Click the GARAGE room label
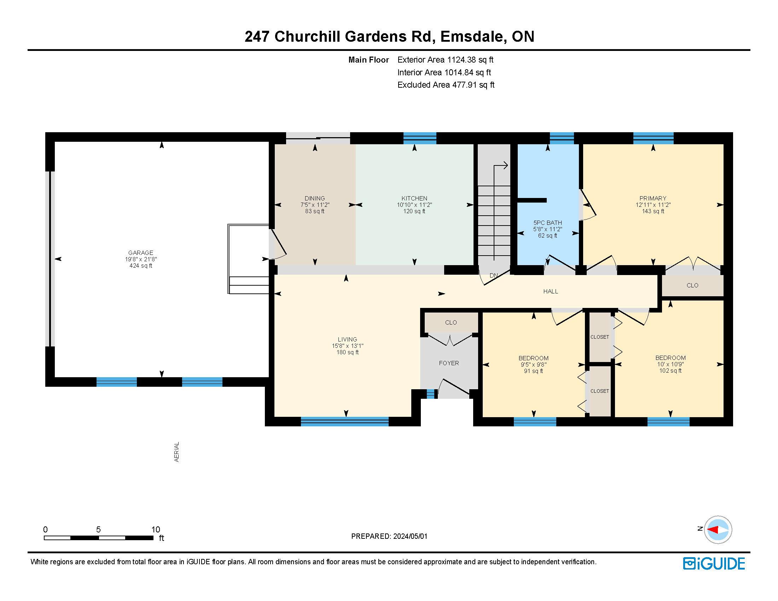141,253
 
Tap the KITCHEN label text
414,198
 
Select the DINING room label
314,198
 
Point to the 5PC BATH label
547,223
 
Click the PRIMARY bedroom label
652,198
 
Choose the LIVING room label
347,340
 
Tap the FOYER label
449,363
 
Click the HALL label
550,291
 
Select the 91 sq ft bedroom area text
533,371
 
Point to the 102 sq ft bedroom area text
670,370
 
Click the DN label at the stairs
494,275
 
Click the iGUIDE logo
714,564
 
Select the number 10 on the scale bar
156,530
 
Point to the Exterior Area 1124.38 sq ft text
445,60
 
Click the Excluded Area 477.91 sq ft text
446,85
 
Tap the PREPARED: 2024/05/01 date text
389,536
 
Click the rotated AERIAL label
176,452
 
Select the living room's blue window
344,421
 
